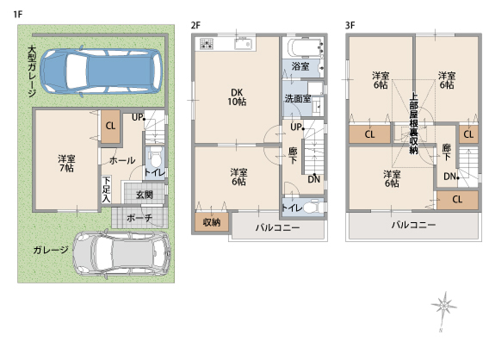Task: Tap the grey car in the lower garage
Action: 121,253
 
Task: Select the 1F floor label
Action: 18,15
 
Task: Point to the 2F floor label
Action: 195,25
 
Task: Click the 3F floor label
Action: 350,25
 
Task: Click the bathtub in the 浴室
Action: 306,48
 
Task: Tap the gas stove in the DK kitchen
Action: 207,44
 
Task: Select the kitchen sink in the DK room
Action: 243,44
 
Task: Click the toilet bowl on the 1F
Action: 154,158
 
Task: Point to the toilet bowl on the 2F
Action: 312,208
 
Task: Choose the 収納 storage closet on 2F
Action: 212,222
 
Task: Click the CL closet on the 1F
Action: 110,126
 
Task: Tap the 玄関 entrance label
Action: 145,195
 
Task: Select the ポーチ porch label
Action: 139,218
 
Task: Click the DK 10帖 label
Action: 237,96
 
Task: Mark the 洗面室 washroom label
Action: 298,99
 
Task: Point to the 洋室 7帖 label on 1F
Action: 66,164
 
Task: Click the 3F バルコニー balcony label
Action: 413,225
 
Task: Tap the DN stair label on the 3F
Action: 450,177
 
